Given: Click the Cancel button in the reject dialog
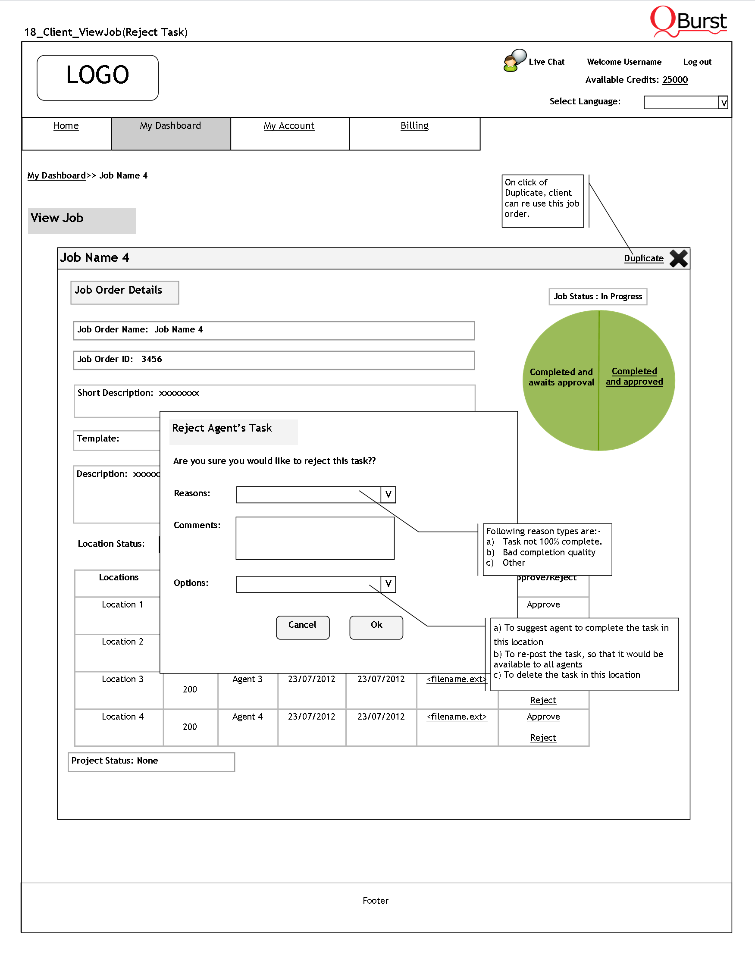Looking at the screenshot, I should point(302,627).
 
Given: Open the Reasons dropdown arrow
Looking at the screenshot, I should point(388,495).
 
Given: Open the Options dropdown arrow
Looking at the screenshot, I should point(388,584).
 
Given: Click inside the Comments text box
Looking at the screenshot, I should point(315,538).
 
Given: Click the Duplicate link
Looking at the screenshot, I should point(644,258).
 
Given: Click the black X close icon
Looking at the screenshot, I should point(679,258).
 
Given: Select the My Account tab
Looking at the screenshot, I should point(289,126).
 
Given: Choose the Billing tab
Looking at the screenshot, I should point(414,126).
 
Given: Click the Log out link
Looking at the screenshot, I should point(697,62).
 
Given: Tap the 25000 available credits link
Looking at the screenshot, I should point(675,80).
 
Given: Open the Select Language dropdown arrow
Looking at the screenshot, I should point(723,103).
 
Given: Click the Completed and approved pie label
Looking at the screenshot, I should point(634,376).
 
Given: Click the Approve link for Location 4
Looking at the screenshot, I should point(543,717).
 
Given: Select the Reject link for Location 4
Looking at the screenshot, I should point(543,738).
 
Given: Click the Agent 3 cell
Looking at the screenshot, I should point(247,679).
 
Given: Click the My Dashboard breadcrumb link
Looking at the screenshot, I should point(56,175).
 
